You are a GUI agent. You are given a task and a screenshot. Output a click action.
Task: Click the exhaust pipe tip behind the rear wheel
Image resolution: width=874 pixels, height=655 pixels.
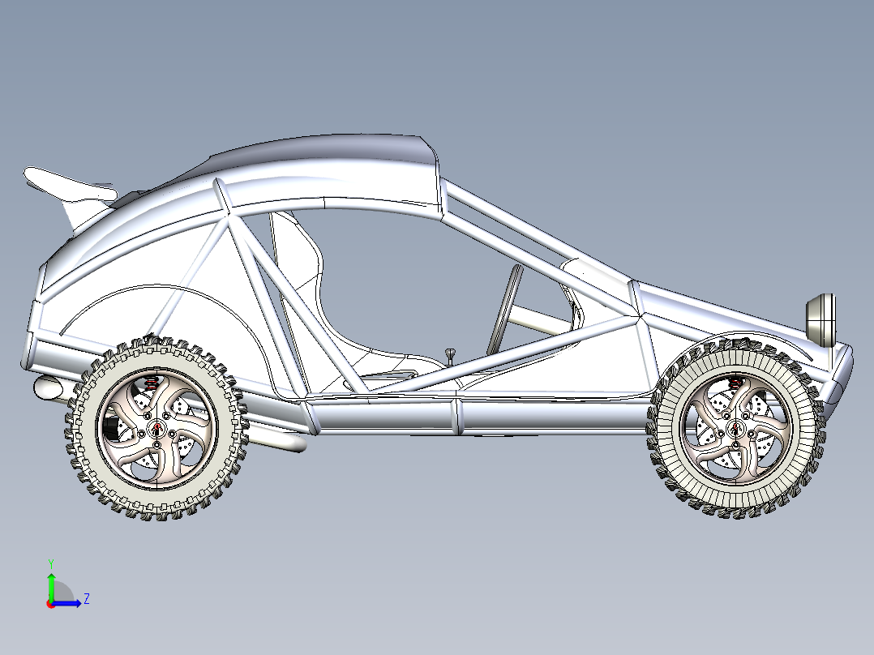(x=51, y=388)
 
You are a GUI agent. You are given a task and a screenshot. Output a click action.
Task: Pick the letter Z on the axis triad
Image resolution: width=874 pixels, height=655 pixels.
(x=86, y=599)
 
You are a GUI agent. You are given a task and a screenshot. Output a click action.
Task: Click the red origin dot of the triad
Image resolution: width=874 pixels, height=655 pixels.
(x=50, y=603)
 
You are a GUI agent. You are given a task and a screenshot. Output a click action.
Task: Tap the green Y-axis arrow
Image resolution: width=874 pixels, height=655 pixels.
(x=50, y=584)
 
